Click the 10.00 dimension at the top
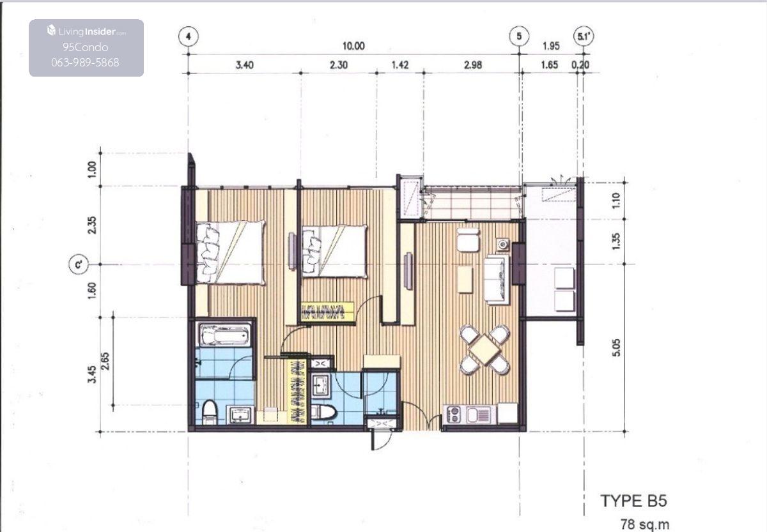pyautogui.click(x=353, y=46)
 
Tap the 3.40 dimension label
pyautogui.click(x=244, y=65)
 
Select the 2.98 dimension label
pyautogui.click(x=473, y=65)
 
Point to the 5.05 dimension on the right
pyautogui.click(x=616, y=347)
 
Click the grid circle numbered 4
pyautogui.click(x=189, y=36)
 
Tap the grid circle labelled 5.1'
pyautogui.click(x=584, y=36)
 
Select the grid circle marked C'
pyautogui.click(x=79, y=264)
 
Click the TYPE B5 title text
pyautogui.click(x=634, y=501)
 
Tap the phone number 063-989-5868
pyautogui.click(x=85, y=62)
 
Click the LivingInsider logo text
pyautogui.click(x=87, y=31)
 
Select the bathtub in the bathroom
pyautogui.click(x=224, y=335)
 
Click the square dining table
pyautogui.click(x=485, y=349)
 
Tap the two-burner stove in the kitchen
pyautogui.click(x=454, y=414)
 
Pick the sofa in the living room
pyautogui.click(x=497, y=279)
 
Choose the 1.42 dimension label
pyautogui.click(x=400, y=65)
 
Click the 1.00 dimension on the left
pyautogui.click(x=92, y=169)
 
